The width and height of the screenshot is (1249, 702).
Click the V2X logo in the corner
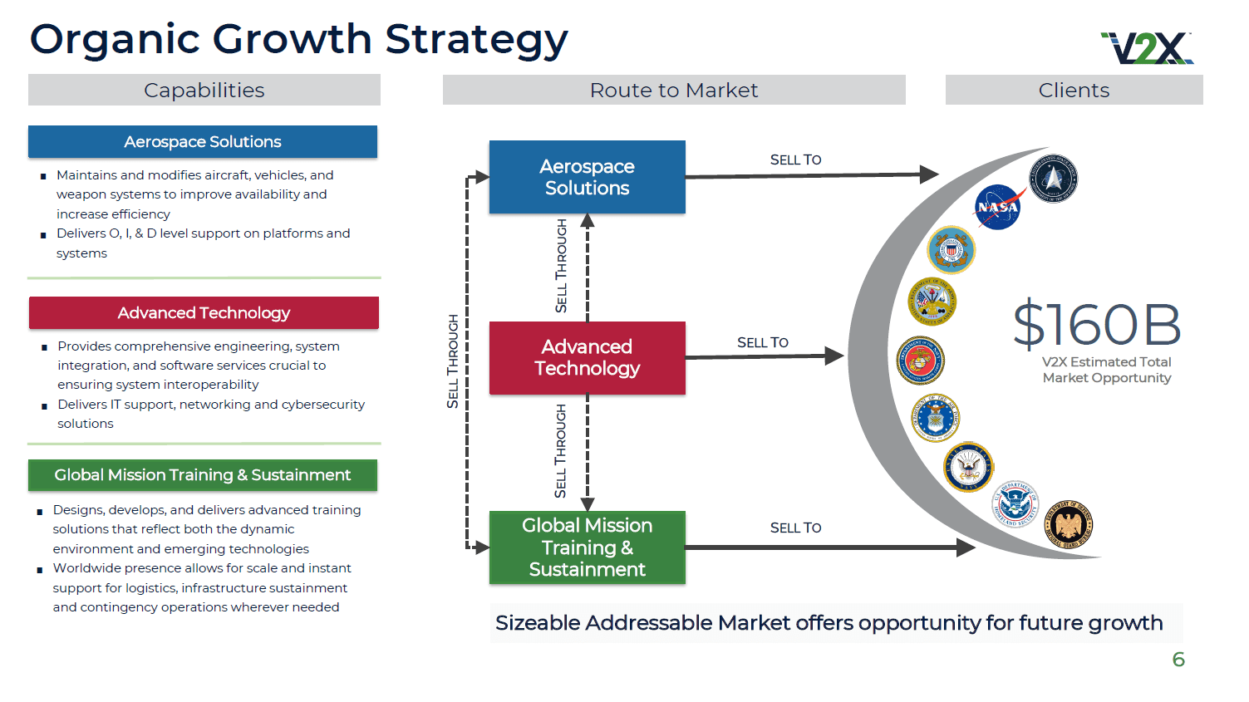click(x=1147, y=48)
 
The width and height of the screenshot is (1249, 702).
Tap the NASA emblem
click(x=997, y=207)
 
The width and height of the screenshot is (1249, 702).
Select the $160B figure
click(x=1097, y=324)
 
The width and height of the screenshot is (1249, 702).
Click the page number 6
click(x=1178, y=660)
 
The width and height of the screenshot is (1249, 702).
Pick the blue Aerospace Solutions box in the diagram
click(x=587, y=177)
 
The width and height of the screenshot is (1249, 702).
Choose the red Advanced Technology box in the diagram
click(x=587, y=357)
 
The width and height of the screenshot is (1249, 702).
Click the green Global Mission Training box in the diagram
click(x=587, y=547)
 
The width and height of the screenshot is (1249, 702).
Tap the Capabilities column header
click(x=204, y=90)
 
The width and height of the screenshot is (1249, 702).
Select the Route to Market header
click(x=673, y=90)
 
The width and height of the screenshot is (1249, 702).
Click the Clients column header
click(x=1074, y=90)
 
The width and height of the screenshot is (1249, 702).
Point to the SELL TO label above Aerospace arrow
click(x=795, y=160)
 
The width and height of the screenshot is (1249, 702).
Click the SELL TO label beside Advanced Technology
click(x=762, y=342)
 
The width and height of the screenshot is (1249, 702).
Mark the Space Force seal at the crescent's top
click(x=1053, y=178)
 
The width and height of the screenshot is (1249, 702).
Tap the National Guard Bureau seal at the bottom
click(x=1069, y=525)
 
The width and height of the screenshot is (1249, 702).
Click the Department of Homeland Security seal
click(x=1015, y=503)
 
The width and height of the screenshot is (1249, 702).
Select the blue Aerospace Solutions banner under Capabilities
click(x=203, y=142)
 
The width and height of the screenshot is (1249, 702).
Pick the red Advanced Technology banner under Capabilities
click(x=204, y=313)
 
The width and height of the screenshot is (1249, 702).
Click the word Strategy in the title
click(x=476, y=39)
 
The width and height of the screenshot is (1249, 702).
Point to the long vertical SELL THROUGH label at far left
click(x=453, y=361)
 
